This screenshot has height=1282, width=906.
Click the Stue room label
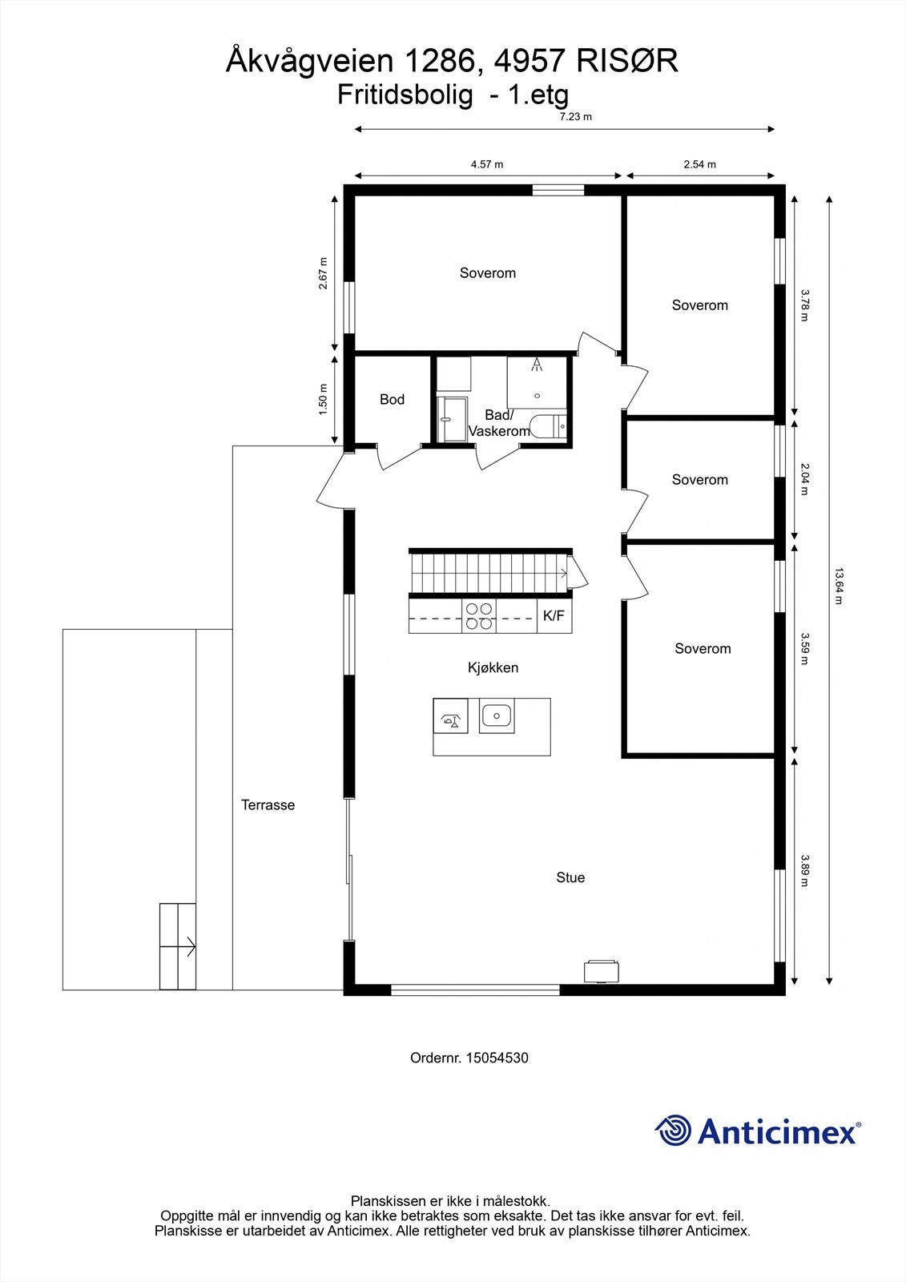pyautogui.click(x=570, y=877)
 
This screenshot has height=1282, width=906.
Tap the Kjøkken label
pyautogui.click(x=493, y=667)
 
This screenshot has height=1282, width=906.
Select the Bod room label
pyautogui.click(x=392, y=399)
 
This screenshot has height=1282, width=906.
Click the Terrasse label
pyautogui.click(x=268, y=805)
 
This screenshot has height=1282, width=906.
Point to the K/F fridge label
pyautogui.click(x=554, y=616)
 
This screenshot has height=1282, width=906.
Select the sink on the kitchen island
pyautogui.click(x=497, y=715)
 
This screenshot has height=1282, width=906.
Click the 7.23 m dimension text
pyautogui.click(x=575, y=117)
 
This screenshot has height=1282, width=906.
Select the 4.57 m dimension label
pyautogui.click(x=487, y=164)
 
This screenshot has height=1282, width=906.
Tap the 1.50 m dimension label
pyautogui.click(x=323, y=399)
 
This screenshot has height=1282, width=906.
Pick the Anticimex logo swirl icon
pyautogui.click(x=673, y=1131)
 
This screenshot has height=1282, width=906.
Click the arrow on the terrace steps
pyautogui.click(x=188, y=946)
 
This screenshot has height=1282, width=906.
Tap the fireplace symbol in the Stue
pyautogui.click(x=599, y=970)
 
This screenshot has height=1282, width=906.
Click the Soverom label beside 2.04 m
pyautogui.click(x=699, y=480)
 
